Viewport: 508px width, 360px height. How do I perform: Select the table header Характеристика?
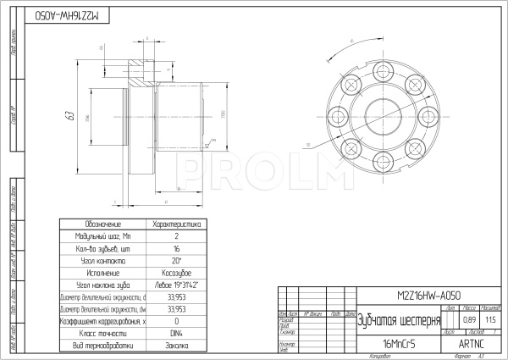(175, 224)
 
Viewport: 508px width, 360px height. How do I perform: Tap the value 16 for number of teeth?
(175, 249)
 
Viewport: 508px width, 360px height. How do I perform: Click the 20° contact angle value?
(175, 261)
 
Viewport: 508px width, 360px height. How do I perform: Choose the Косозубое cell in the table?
(175, 273)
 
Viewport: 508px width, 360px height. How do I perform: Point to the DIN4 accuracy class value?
(175, 334)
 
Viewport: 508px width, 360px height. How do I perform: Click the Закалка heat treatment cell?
(175, 346)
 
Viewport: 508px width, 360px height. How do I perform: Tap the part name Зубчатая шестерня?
(399, 321)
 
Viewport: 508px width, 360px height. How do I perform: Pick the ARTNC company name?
(470, 345)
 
